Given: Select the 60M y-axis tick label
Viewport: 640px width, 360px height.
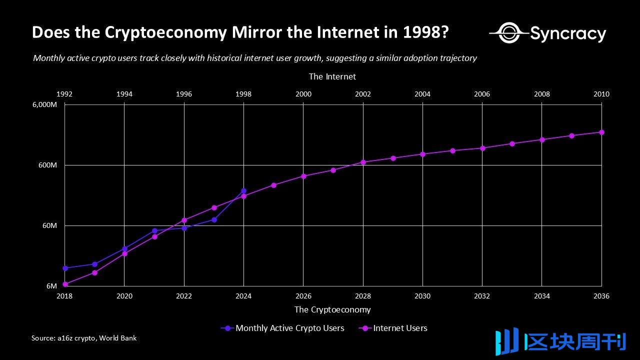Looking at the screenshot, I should point(49,225).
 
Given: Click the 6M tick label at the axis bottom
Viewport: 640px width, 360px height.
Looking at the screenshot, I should point(51,286).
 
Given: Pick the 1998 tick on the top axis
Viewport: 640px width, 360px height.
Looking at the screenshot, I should point(243,94).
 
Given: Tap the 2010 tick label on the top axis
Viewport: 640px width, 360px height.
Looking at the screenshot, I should point(601,94).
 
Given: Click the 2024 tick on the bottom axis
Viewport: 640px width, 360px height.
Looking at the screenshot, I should point(243,296).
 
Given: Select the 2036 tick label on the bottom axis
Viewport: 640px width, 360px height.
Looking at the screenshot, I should point(601,296).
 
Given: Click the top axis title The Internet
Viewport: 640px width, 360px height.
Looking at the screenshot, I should point(332,76).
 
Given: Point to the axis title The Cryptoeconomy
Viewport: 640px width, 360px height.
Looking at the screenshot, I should point(332,309).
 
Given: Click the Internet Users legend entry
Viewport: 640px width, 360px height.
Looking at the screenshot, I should point(400,328).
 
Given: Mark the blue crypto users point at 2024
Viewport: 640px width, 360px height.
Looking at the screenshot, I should point(243,190).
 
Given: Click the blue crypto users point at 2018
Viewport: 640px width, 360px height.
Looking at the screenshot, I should point(65,268).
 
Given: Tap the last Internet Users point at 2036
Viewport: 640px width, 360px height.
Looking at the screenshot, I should point(601,132).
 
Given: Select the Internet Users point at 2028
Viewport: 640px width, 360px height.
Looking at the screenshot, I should point(363,162).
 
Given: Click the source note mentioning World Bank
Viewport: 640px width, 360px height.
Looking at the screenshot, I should point(84,338).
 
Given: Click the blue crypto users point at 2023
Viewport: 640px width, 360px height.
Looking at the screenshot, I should point(214,219).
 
